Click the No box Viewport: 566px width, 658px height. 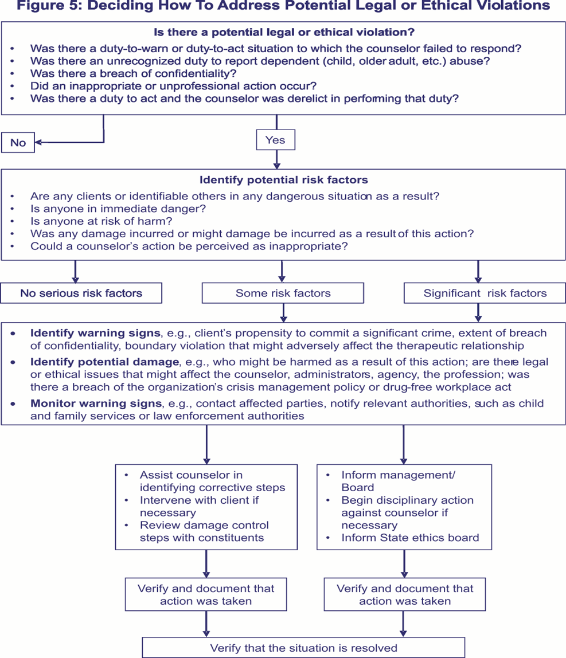pos(18,143)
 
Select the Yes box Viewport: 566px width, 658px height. pos(275,140)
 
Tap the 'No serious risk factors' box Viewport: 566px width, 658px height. pos(81,293)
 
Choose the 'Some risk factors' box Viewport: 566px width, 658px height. pos(283,293)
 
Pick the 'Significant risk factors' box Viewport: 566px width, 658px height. pos(485,293)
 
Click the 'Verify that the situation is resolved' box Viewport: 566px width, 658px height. pos(303,648)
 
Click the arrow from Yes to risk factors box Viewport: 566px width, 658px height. pos(276,159)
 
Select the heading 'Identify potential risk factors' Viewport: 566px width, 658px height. pos(284,180)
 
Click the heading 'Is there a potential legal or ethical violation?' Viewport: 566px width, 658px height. pos(284,32)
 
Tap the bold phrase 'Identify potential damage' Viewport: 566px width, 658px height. pos(104,362)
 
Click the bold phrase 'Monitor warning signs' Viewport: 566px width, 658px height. pos(96,404)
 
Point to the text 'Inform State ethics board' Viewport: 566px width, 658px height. pos(410,538)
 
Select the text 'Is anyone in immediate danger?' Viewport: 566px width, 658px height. pos(118,209)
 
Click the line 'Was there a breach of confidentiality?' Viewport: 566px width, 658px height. pos(133,73)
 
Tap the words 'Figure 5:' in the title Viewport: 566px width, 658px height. pos(46,6)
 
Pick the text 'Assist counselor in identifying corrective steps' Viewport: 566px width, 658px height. pos(212,481)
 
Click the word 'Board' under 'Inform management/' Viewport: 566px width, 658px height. pos(357,487)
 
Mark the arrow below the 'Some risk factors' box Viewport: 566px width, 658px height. pos(283,312)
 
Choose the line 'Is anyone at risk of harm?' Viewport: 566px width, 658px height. pos(101,221)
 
